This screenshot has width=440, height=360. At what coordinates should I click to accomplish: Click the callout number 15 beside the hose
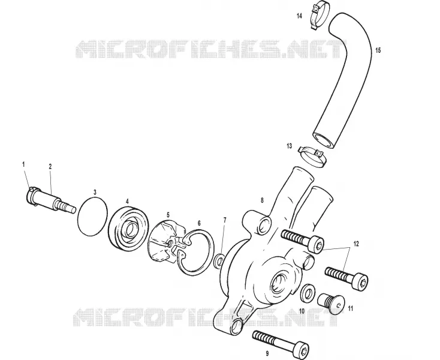coord(378,50)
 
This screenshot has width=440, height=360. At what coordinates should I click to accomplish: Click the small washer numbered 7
coord(219,260)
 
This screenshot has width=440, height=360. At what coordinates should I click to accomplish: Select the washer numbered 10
coord(308,293)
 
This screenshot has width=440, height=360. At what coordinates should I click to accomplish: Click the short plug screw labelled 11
coord(330,304)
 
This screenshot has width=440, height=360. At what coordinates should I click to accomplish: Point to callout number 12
coord(356,244)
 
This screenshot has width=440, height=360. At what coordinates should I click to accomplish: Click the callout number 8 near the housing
coord(262,200)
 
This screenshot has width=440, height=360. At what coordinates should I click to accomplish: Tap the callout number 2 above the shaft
coord(50,166)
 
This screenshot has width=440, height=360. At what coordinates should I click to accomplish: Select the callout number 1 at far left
coord(23,164)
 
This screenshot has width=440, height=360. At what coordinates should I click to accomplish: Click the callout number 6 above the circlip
coord(199,223)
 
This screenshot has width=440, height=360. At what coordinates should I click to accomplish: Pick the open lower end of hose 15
coord(323,140)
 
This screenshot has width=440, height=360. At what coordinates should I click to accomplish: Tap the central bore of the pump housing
coord(279,281)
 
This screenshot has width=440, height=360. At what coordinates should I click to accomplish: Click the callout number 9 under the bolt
coord(267,353)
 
